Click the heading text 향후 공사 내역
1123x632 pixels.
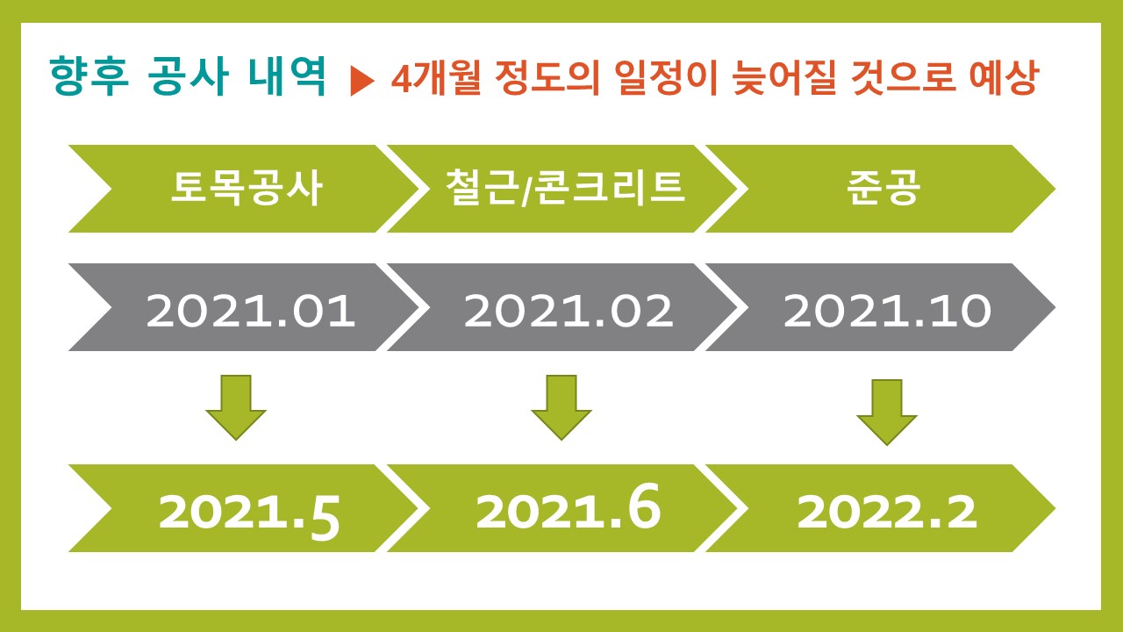pos(189,76)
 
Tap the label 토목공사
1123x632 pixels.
pos(247,188)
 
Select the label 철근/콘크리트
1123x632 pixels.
pos(565,188)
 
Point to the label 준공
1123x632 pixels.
pos(883,188)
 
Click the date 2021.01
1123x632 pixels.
pos(251,311)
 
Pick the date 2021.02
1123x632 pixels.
pos(569,311)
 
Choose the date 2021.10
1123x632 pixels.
pos(887,311)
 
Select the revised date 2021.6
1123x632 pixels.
pos(569,506)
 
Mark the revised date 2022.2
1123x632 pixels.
pos(887,512)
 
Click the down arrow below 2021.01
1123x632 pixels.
pos(236,406)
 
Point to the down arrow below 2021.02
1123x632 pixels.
pos(561,406)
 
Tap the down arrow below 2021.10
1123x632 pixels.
pos(887,412)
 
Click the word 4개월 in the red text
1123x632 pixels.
pos(436,78)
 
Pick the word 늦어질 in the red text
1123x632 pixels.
pos(784,77)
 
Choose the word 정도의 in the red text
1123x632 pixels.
pos(547,78)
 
